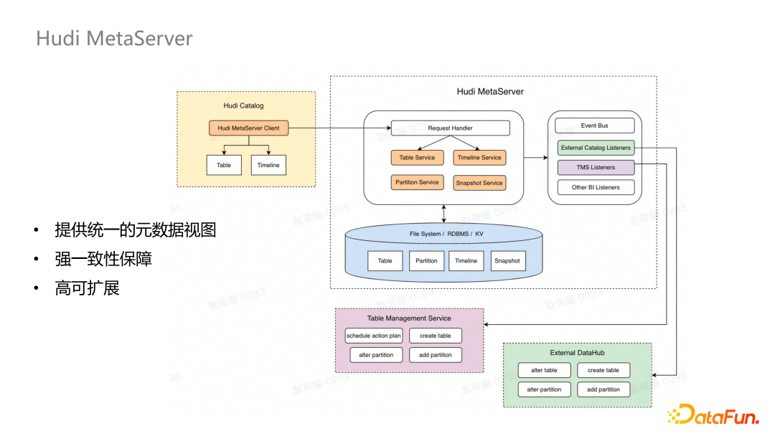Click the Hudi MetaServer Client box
[x=249, y=128]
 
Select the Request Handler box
[x=450, y=128]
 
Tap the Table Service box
[x=417, y=158]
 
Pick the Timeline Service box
[x=479, y=158]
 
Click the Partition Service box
[x=417, y=182]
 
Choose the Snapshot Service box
[x=479, y=183]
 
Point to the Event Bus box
[x=594, y=125]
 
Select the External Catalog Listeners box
[x=596, y=148]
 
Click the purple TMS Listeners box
[x=596, y=168]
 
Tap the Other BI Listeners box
[x=596, y=187]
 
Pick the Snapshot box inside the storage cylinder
[x=507, y=261]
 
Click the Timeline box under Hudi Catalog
[x=268, y=165]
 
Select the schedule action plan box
[x=373, y=336]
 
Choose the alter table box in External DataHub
[x=544, y=370]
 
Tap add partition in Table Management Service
[x=436, y=355]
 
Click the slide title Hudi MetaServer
[x=114, y=38]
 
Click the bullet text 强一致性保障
[x=103, y=259]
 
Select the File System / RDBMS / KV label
[x=446, y=234]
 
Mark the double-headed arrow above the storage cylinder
[x=444, y=213]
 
